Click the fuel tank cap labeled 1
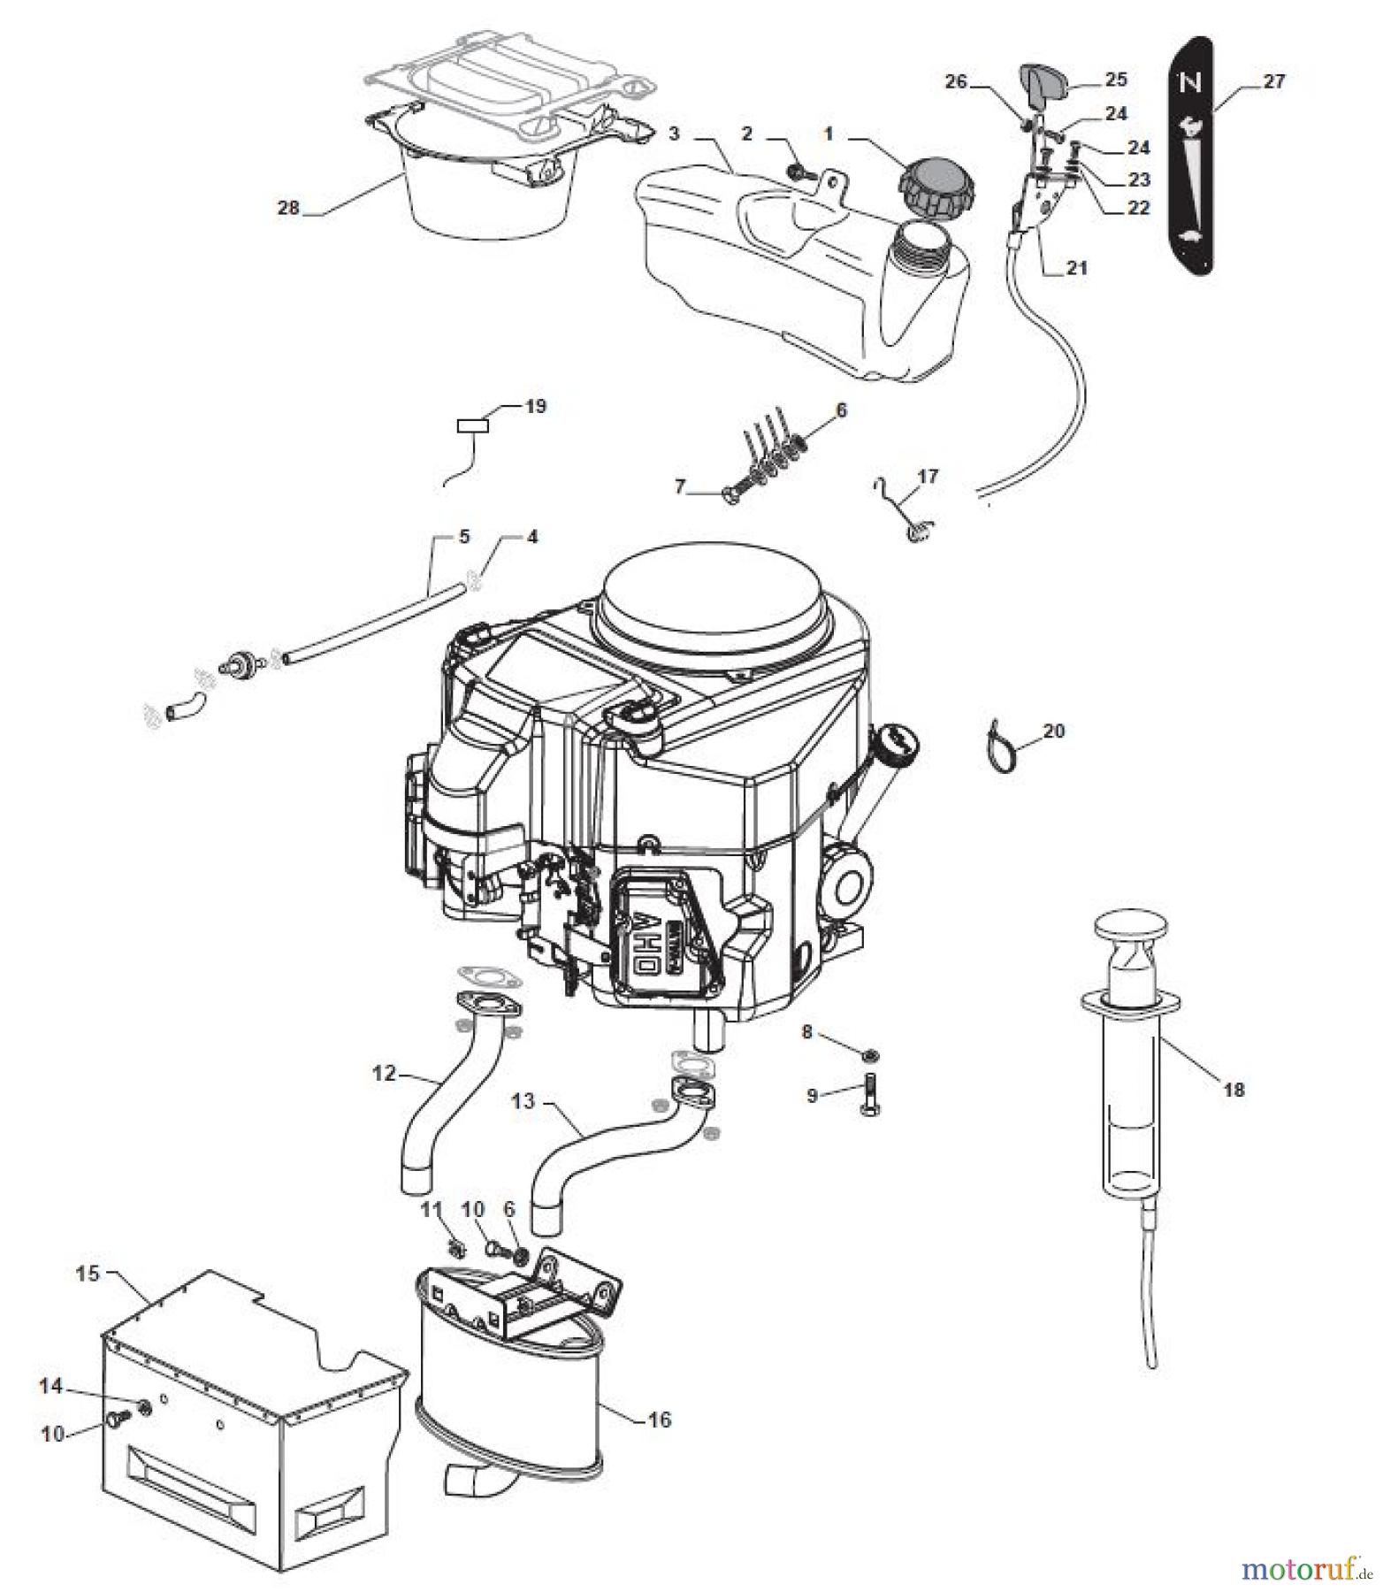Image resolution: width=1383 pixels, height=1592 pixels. coord(932,188)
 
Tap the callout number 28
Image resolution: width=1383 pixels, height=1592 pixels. coord(288,209)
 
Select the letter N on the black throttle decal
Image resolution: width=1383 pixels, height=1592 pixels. coord(1191,84)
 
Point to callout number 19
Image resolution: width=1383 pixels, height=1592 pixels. coord(536,407)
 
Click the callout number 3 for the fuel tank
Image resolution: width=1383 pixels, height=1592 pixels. coord(675,134)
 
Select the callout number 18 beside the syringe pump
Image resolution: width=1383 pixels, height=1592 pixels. coord(1233,1089)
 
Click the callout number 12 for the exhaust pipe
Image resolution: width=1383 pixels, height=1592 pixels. coord(384,1073)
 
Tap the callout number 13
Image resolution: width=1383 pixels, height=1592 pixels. coord(523,1101)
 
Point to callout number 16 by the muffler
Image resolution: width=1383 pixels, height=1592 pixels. coord(659,1420)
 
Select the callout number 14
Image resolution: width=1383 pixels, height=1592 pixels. coord(50,1386)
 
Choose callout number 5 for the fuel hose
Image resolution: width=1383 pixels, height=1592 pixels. coord(464,538)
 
